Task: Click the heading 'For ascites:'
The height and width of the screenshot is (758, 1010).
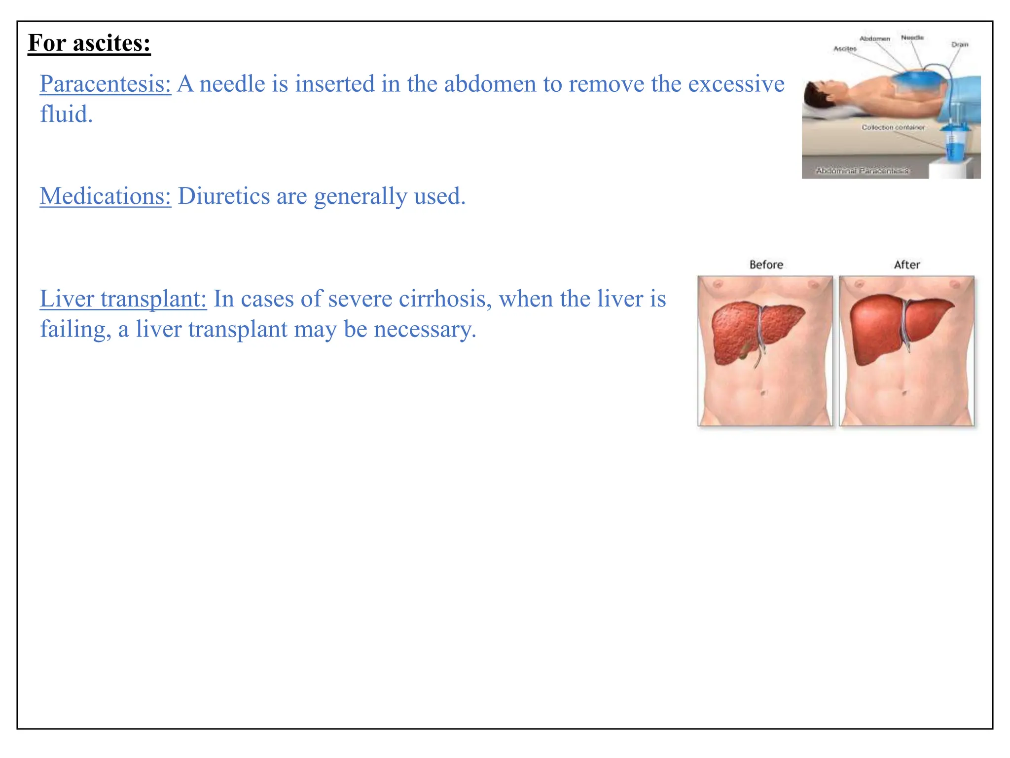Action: tap(89, 43)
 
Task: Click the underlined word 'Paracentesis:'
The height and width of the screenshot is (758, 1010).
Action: tap(105, 84)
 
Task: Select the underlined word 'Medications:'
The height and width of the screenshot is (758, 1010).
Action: tap(105, 196)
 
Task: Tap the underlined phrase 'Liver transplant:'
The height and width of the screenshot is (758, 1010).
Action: tap(123, 299)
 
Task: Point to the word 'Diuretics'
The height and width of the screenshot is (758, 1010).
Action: tap(223, 196)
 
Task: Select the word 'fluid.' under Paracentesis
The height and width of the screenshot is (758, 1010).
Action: tap(66, 114)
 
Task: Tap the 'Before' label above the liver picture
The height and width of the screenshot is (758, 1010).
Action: tap(766, 265)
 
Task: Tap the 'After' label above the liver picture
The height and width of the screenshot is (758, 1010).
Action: tap(907, 265)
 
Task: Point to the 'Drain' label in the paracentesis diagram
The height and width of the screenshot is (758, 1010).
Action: tap(960, 44)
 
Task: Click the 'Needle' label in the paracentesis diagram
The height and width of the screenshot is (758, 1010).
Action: tap(912, 38)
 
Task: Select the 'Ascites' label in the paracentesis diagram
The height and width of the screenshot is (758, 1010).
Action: tap(845, 48)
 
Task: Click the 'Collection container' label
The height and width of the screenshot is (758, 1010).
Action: tap(893, 127)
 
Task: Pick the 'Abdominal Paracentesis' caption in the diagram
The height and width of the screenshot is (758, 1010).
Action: tap(862, 171)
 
